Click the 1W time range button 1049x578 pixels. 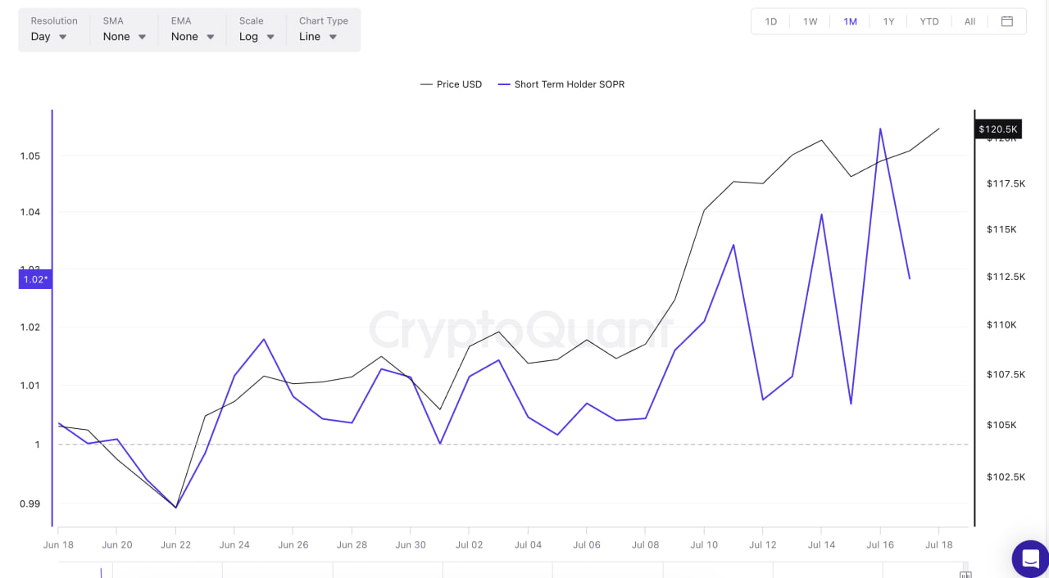pyautogui.click(x=810, y=21)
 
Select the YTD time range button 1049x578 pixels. pyautogui.click(x=929, y=21)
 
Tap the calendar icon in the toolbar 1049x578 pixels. pyautogui.click(x=1007, y=21)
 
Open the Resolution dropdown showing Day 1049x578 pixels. pyautogui.click(x=49, y=36)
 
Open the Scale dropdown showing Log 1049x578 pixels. pyautogui.click(x=257, y=36)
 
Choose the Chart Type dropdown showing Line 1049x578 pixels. pyautogui.click(x=318, y=36)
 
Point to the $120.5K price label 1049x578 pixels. pyautogui.click(x=997, y=129)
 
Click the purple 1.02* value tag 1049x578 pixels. pyautogui.click(x=35, y=279)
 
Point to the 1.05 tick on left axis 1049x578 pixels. pyautogui.click(x=30, y=156)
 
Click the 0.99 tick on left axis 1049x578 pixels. pyautogui.click(x=30, y=503)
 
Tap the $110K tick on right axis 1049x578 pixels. pyautogui.click(x=1001, y=325)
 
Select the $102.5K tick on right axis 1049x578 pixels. pyautogui.click(x=1006, y=476)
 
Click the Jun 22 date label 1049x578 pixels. pyautogui.click(x=175, y=544)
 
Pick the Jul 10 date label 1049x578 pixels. pyautogui.click(x=704, y=544)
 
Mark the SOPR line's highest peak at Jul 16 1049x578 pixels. pyautogui.click(x=880, y=129)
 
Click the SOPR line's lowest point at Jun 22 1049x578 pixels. pyautogui.click(x=176, y=508)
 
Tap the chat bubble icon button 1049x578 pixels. pyautogui.click(x=1030, y=559)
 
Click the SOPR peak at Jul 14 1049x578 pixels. pyautogui.click(x=821, y=214)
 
